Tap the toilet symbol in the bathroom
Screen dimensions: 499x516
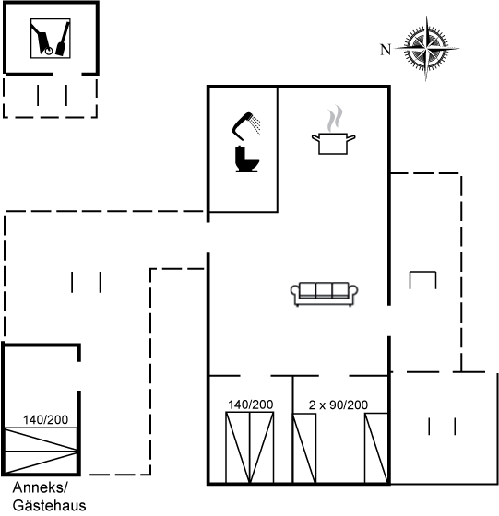click(246, 159)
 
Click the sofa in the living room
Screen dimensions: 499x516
click(324, 294)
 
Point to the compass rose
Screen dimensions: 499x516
click(426, 48)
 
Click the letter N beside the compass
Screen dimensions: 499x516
click(386, 50)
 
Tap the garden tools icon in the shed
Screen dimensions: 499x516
click(51, 39)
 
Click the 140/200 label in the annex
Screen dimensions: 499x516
click(45, 420)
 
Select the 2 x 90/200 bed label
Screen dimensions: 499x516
click(339, 405)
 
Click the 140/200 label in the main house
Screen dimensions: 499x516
click(251, 405)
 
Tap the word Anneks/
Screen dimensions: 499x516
click(40, 487)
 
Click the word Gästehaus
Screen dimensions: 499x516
click(50, 506)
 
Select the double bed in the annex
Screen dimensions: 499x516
click(42, 451)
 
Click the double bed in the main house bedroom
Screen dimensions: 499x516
click(250, 448)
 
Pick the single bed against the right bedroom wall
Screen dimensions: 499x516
click(376, 448)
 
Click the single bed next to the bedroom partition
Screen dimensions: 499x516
click(304, 449)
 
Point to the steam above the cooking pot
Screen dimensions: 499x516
click(335, 119)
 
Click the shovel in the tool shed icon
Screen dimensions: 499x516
click(63, 39)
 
